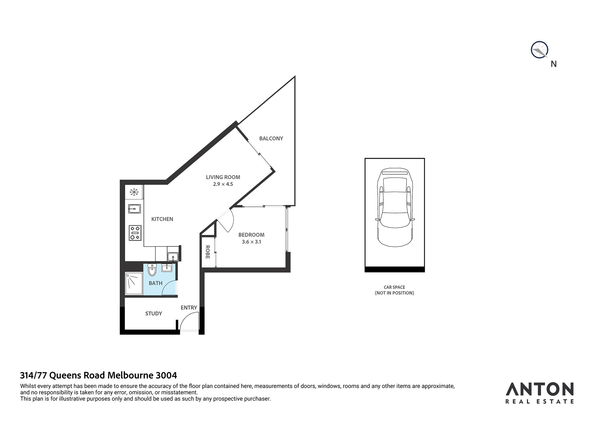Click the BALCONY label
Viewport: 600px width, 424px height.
(271, 138)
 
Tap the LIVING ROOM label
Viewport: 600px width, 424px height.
(223, 177)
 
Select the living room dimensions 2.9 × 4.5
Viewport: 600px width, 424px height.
(223, 184)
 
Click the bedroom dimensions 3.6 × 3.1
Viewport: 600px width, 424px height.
(251, 242)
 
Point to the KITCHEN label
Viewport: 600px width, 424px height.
(162, 219)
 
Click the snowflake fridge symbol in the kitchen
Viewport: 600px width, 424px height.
(134, 192)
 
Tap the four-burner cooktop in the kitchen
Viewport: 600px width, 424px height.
(135, 233)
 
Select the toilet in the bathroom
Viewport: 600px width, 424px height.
(152, 269)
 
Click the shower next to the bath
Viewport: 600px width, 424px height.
(134, 284)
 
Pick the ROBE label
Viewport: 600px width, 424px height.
(207, 252)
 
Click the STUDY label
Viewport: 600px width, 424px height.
(154, 314)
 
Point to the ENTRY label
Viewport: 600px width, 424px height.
(189, 308)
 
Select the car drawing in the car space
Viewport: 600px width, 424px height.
(394, 207)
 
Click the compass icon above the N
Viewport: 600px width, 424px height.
(539, 50)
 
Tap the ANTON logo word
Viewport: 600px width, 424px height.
(540, 389)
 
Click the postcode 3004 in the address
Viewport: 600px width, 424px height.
(166, 375)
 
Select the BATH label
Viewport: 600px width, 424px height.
(155, 283)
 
